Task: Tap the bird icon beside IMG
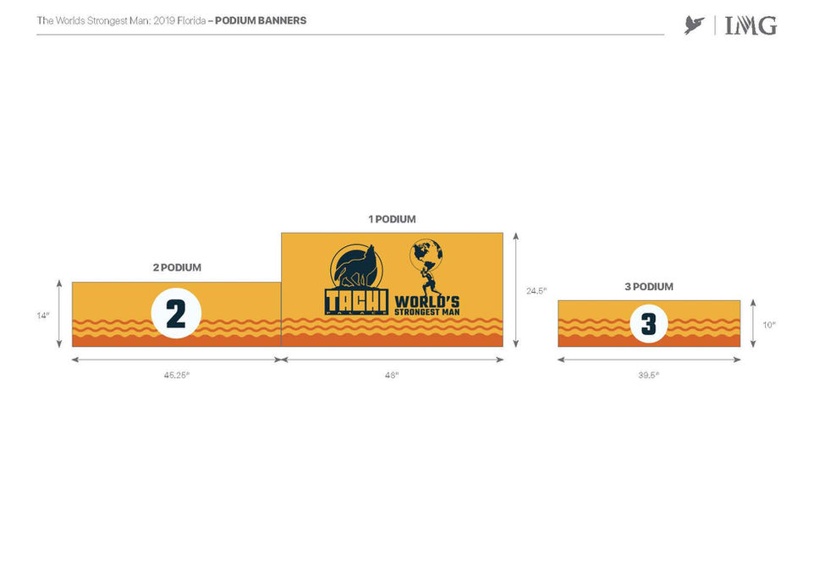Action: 695,25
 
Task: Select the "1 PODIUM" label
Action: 392,219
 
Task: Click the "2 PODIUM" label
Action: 177,267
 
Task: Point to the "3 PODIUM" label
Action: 649,287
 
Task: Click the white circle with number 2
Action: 176,314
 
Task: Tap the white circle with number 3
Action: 648,323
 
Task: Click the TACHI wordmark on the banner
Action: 356,300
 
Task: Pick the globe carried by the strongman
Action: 426,253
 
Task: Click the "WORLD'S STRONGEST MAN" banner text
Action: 427,305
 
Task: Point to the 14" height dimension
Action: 43,316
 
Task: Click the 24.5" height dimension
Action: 535,290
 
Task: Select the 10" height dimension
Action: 768,324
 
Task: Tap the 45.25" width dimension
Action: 176,375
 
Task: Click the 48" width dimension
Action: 391,375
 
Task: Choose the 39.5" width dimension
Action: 648,375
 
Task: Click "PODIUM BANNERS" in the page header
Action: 261,20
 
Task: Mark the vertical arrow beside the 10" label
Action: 751,323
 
